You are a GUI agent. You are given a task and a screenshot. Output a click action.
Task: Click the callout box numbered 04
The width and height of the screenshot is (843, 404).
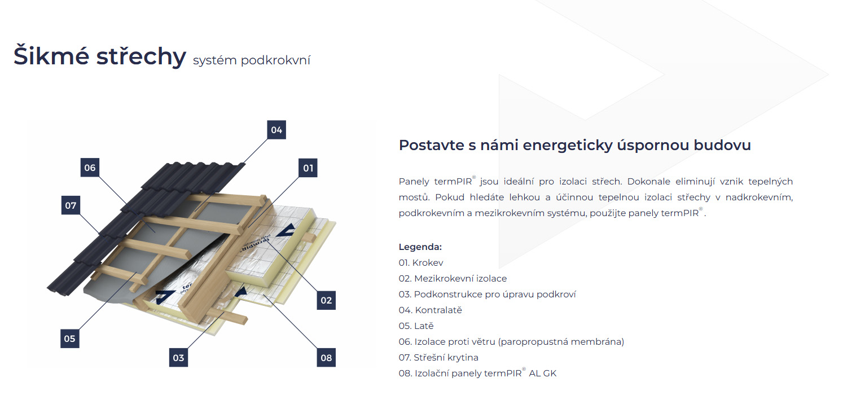[x=276, y=130]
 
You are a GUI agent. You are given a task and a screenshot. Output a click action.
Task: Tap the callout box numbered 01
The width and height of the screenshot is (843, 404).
[x=308, y=168]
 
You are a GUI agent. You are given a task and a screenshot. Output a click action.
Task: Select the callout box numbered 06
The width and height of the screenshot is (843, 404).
[x=90, y=168]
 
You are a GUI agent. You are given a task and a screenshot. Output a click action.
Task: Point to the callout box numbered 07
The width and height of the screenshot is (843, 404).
[x=71, y=205]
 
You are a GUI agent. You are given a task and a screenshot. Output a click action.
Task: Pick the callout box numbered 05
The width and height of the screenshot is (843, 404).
[x=69, y=339]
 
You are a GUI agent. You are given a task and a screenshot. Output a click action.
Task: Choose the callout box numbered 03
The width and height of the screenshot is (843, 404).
[x=178, y=357]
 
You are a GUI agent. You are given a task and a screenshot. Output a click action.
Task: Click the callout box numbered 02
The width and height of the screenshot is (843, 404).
[x=326, y=300]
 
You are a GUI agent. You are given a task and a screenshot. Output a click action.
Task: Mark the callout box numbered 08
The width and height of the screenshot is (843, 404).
[x=326, y=357]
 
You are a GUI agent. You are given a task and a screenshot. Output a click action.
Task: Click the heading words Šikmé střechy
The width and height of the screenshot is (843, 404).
[x=100, y=56]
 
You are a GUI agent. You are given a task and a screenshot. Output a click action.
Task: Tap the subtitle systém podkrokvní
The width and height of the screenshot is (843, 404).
[x=251, y=60]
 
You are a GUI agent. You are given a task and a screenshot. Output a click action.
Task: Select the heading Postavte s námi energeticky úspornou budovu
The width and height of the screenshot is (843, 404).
[x=574, y=145]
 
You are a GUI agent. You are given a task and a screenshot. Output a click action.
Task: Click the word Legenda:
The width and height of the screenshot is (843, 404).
[x=420, y=247]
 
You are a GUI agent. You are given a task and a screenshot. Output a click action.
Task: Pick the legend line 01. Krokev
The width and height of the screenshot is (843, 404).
[x=421, y=262]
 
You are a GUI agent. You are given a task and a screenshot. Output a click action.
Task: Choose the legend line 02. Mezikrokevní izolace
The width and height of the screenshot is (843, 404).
[x=453, y=278]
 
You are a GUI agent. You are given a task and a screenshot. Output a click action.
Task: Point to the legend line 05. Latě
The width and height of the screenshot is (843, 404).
[x=416, y=326]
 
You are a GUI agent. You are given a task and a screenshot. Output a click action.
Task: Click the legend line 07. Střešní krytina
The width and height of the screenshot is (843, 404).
[x=438, y=357]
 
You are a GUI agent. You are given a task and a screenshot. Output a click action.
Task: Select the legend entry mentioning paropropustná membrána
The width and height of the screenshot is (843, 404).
[x=511, y=341]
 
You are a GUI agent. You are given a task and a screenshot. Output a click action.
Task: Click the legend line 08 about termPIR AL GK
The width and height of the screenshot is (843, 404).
[x=477, y=373]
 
